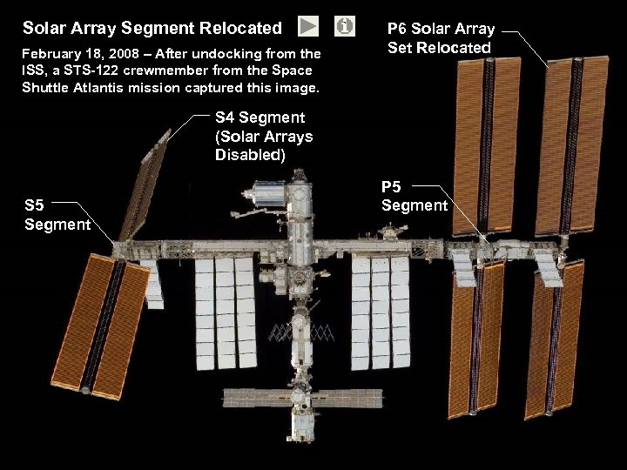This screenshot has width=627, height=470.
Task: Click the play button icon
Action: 308,27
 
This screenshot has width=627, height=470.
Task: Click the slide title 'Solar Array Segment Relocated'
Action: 152,29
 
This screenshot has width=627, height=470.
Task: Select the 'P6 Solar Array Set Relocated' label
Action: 440,38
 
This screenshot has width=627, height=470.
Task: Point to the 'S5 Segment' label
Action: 57,215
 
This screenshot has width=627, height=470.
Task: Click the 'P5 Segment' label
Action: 414,196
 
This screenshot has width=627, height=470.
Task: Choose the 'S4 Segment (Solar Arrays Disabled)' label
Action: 263,136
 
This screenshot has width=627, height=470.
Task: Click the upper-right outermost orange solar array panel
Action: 570,144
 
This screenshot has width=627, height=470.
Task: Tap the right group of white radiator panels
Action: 380,311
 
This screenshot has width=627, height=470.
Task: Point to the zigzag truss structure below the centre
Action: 301,332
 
